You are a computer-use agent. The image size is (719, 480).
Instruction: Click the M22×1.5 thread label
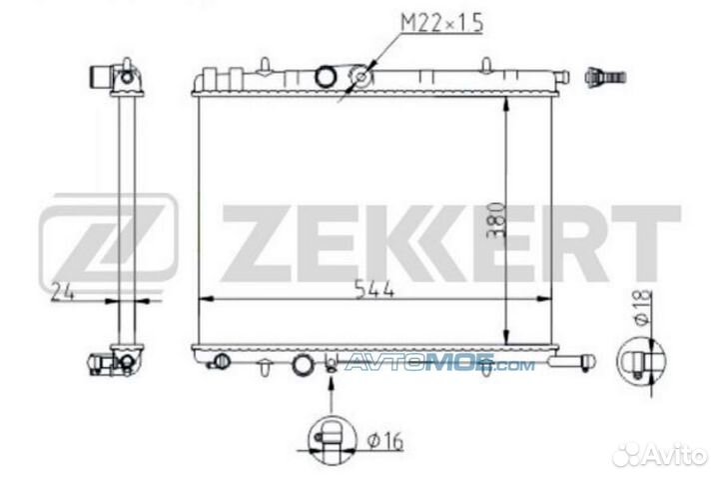coord(441,23)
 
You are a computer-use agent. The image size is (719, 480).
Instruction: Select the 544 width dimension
coord(374,290)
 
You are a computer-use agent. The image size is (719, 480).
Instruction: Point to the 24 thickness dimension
coord(62,292)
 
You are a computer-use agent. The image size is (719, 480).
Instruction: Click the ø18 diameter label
coord(643,307)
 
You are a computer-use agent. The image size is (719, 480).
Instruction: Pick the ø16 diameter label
coord(385,441)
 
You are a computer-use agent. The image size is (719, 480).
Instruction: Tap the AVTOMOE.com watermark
coord(439,364)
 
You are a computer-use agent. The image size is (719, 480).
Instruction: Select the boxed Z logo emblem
coord(108,240)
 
